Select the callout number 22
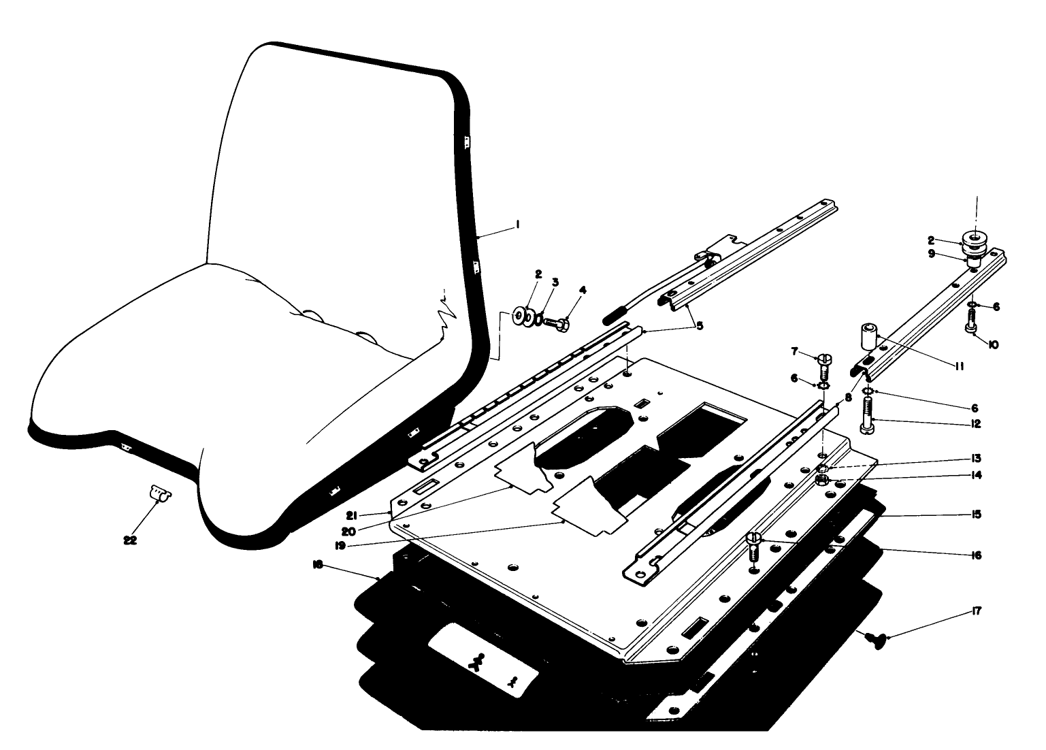click(x=129, y=540)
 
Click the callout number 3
click(x=555, y=282)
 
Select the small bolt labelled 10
click(x=971, y=321)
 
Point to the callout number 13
click(x=977, y=458)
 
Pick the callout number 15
click(x=977, y=515)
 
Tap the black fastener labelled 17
click(x=872, y=638)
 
